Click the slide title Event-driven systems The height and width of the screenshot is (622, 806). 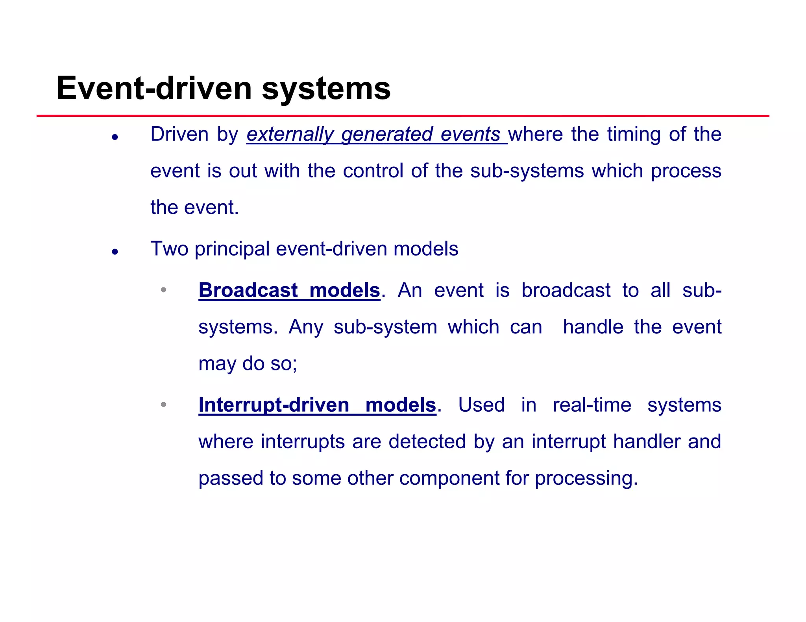(223, 88)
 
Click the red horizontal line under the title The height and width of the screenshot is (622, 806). (403, 116)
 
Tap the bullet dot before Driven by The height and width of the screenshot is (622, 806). (115, 137)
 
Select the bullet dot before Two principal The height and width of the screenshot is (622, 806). (115, 252)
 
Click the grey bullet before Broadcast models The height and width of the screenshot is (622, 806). (164, 290)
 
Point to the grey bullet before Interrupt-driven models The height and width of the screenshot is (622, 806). (164, 405)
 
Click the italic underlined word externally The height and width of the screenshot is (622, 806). (290, 135)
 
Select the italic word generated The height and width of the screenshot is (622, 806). (387, 135)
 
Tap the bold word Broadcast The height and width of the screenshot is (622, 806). (248, 291)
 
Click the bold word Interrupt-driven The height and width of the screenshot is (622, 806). (274, 405)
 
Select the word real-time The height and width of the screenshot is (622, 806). (592, 405)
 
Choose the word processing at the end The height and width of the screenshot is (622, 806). (586, 478)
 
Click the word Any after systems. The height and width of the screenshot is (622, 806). (306, 327)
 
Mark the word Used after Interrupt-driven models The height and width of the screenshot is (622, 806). (481, 405)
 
